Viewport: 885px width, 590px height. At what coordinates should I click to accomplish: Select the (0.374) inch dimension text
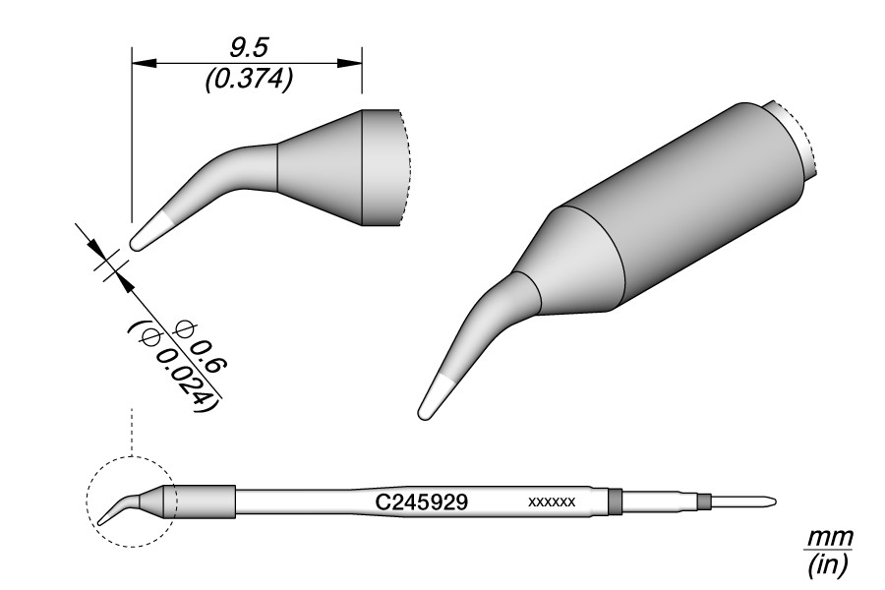[249, 80]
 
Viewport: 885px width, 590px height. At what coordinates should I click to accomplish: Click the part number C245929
[421, 501]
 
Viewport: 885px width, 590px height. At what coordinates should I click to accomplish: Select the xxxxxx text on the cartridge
[552, 501]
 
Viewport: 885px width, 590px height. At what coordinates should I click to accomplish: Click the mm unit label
[829, 537]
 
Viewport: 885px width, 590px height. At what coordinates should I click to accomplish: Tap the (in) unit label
[827, 565]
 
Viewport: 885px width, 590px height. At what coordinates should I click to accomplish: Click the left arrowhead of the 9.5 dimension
[144, 63]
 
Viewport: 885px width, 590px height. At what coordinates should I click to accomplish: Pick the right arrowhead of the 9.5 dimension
[350, 63]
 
